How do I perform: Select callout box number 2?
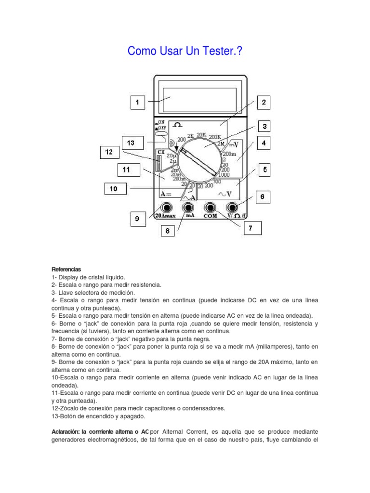[x=264, y=102]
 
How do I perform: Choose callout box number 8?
[x=168, y=232]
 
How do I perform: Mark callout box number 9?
[x=137, y=220]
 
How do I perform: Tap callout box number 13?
[x=131, y=143]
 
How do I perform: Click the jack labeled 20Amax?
[x=167, y=208]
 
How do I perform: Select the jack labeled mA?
[x=188, y=208]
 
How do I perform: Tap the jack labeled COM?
[x=210, y=208]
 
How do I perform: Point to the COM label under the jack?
[x=210, y=216]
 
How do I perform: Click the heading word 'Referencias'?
[x=66, y=269]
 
